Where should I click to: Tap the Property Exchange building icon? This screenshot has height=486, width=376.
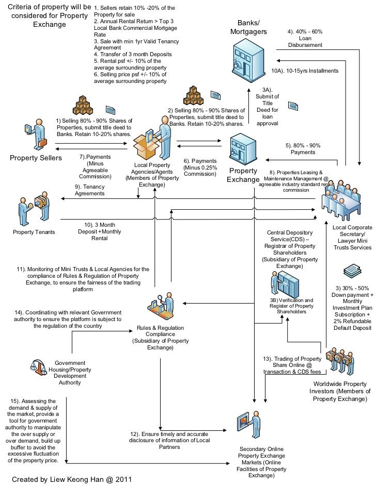coord(244,148)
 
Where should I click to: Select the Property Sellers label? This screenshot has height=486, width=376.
coord(36,158)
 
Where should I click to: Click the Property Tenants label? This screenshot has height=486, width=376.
coord(34,232)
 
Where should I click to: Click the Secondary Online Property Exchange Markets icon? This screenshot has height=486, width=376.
coord(248,424)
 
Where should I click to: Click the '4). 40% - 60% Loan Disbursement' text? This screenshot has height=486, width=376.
coord(305,39)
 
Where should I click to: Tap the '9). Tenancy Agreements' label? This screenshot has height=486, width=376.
coord(89,190)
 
